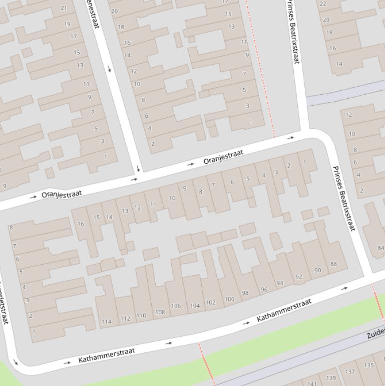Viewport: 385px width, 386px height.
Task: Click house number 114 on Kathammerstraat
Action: [x=106, y=322]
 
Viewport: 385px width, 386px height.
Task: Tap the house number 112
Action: [x=125, y=319]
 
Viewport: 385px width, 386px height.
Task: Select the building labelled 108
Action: [x=160, y=312]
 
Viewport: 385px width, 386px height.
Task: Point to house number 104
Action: [x=195, y=306]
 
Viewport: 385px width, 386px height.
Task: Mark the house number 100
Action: [x=229, y=299]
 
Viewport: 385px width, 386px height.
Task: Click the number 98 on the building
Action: [x=245, y=293]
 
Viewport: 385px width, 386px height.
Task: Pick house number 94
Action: [x=280, y=283]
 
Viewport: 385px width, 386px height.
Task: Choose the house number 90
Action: [x=318, y=270]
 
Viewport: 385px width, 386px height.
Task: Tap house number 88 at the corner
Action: [x=333, y=264]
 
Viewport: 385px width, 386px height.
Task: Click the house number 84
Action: [x=380, y=248]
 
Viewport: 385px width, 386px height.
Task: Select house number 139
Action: [x=331, y=378]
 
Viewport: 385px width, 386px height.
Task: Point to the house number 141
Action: [x=312, y=383]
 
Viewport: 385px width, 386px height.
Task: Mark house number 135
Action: [x=369, y=365]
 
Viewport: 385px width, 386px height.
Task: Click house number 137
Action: [x=350, y=371]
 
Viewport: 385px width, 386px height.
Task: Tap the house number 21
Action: [x=64, y=8]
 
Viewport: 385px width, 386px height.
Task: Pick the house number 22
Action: [x=323, y=4]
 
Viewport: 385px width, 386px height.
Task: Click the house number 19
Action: [x=67, y=24]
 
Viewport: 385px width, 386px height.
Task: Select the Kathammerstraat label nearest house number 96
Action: [x=284, y=310]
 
